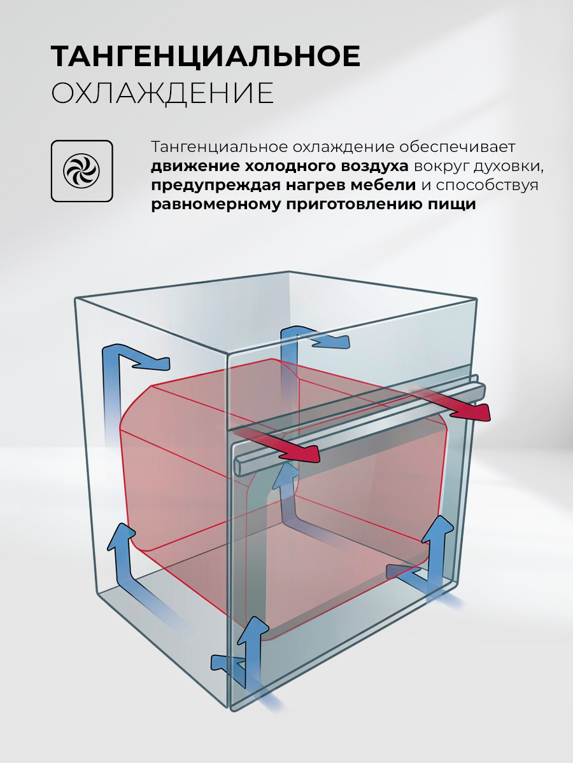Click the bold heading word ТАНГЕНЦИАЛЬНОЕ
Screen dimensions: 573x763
(206, 56)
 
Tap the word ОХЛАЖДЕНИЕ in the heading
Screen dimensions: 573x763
(162, 93)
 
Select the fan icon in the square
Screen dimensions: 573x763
(81, 171)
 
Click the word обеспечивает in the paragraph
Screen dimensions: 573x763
(456, 148)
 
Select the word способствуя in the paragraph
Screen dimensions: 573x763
(488, 186)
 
